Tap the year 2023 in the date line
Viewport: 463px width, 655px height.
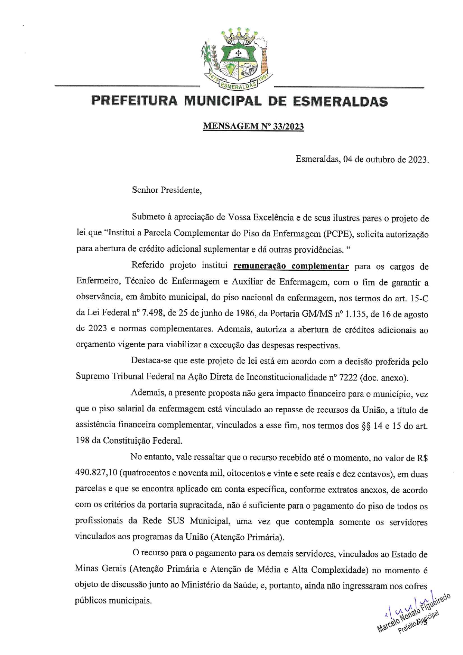click(417, 159)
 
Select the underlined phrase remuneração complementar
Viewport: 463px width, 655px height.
click(291, 266)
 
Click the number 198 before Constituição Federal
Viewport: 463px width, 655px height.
click(82, 441)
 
